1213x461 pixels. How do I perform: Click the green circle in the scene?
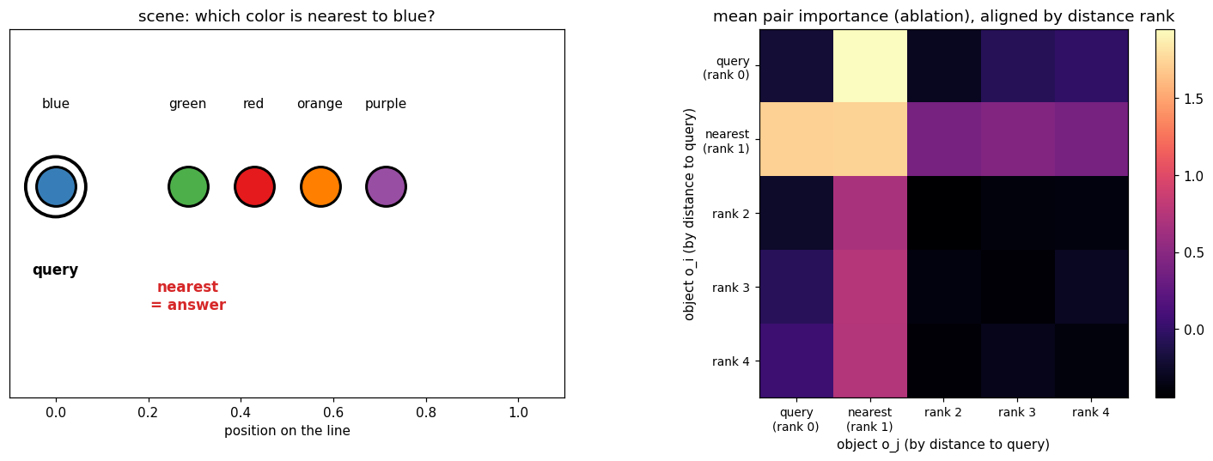pyautogui.click(x=188, y=186)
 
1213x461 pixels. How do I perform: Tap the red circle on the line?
pyautogui.click(x=254, y=186)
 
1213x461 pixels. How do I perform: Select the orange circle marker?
pyautogui.click(x=320, y=186)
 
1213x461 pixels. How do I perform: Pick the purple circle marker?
pyautogui.click(x=386, y=186)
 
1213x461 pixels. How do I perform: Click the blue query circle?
pyautogui.click(x=56, y=186)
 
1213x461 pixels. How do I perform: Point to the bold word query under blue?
pyautogui.click(x=55, y=270)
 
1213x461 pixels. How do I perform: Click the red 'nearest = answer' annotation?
pyautogui.click(x=188, y=295)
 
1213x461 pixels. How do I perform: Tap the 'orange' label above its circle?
pyautogui.click(x=320, y=103)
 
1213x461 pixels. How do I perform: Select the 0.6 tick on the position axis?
pyautogui.click(x=333, y=412)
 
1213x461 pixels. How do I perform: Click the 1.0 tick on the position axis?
pyautogui.click(x=518, y=412)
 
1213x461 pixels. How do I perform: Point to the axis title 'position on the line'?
pyautogui.click(x=287, y=431)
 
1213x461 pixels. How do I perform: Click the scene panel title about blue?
pyautogui.click(x=286, y=16)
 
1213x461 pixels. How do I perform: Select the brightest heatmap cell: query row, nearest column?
pyautogui.click(x=870, y=65)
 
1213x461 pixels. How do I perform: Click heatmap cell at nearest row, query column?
pyautogui.click(x=796, y=139)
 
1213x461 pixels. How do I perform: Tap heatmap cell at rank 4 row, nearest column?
pyautogui.click(x=870, y=361)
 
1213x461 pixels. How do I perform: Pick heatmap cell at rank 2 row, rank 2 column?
pyautogui.click(x=944, y=213)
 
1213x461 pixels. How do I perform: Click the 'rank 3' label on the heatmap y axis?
pyautogui.click(x=730, y=288)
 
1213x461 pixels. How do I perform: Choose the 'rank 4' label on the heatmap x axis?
pyautogui.click(x=1091, y=412)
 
